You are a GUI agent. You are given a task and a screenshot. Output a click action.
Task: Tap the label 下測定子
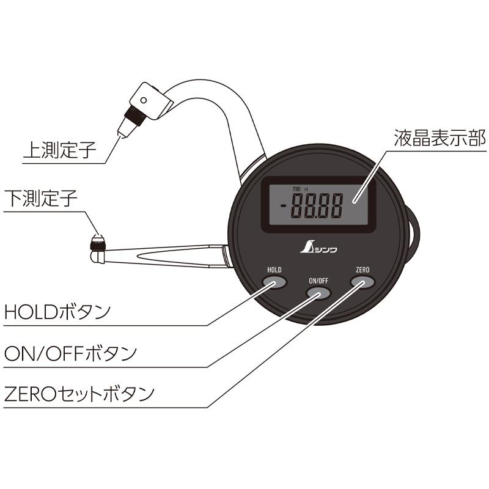40,199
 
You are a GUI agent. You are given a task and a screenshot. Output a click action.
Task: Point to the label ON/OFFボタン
70,353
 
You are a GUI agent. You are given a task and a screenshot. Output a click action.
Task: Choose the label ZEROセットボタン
78,393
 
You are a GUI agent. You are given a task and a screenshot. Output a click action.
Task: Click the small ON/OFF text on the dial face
318,280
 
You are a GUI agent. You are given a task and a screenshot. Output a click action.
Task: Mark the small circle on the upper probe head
143,99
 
